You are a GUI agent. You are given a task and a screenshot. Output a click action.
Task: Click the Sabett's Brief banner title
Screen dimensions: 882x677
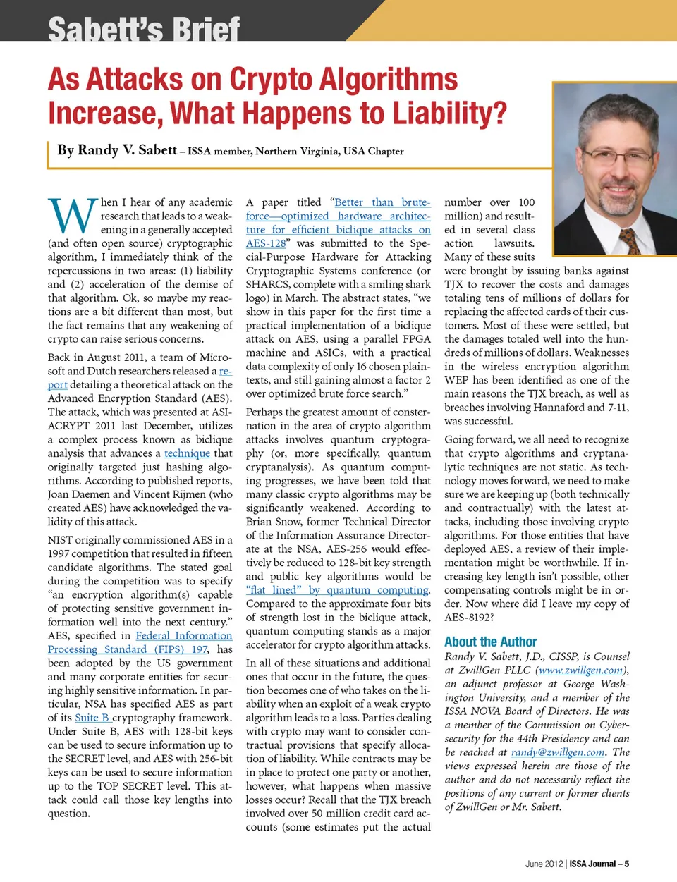pos(144,30)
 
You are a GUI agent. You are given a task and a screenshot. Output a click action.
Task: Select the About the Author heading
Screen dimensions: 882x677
pos(490,642)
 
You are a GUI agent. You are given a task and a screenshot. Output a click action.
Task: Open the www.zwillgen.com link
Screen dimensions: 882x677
pos(581,670)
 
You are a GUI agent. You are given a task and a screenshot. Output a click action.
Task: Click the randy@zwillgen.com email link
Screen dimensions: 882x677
pos(558,752)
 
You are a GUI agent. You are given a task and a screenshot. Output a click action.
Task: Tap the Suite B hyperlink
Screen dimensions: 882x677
pos(92,718)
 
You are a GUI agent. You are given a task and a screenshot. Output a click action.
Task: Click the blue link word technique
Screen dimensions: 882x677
pos(187,453)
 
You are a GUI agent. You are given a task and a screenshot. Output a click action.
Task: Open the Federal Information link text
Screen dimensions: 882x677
pos(183,635)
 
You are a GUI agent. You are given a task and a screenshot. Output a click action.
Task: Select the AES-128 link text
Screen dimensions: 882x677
pos(266,243)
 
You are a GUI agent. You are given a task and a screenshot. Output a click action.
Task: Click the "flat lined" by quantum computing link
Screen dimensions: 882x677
pos(338,590)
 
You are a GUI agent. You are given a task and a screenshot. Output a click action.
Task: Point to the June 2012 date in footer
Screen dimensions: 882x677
pos(544,864)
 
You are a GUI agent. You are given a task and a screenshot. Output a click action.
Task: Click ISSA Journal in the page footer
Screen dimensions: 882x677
pos(592,864)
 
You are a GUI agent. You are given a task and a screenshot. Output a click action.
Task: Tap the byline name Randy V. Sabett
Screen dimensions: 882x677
pos(117,149)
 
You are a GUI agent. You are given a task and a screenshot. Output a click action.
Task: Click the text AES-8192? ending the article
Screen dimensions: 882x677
pos(469,617)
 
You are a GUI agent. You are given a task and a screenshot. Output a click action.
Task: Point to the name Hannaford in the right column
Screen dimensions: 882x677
pos(555,408)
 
